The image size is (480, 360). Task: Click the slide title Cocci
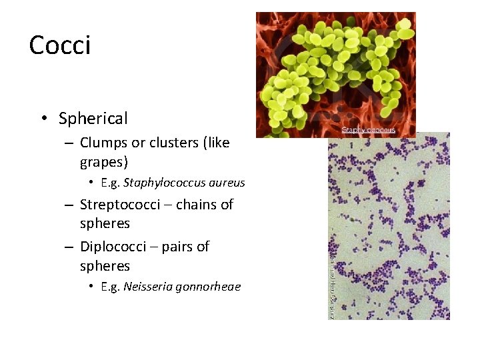60,45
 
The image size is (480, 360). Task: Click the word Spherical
93,119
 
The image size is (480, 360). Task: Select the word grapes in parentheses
104,162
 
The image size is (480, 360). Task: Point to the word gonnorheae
211,287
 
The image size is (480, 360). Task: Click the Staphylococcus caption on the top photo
369,129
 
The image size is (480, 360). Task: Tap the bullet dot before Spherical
43,119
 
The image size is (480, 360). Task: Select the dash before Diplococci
69,247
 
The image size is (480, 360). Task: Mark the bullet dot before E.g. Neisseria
91,287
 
